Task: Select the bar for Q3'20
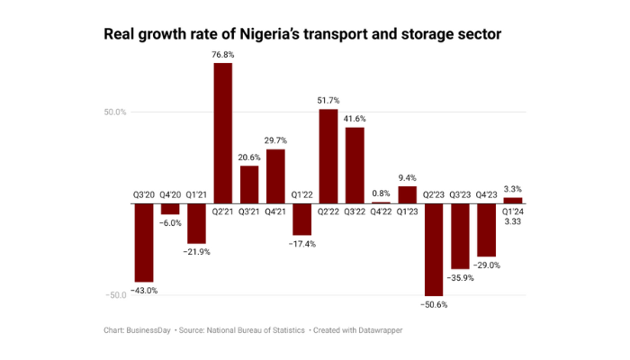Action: tap(144, 243)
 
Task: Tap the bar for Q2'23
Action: tap(434, 249)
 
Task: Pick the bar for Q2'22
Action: tap(328, 157)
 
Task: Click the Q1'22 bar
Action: tap(302, 220)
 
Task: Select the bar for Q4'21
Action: tap(275, 176)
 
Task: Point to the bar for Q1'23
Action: tap(408, 194)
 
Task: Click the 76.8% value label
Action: tap(223, 55)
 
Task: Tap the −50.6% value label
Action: tap(434, 305)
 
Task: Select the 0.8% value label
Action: tap(382, 193)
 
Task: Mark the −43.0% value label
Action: tap(144, 291)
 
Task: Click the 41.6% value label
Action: tap(355, 119)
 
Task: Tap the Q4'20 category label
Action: tap(170, 194)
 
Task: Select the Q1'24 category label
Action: tap(513, 211)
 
